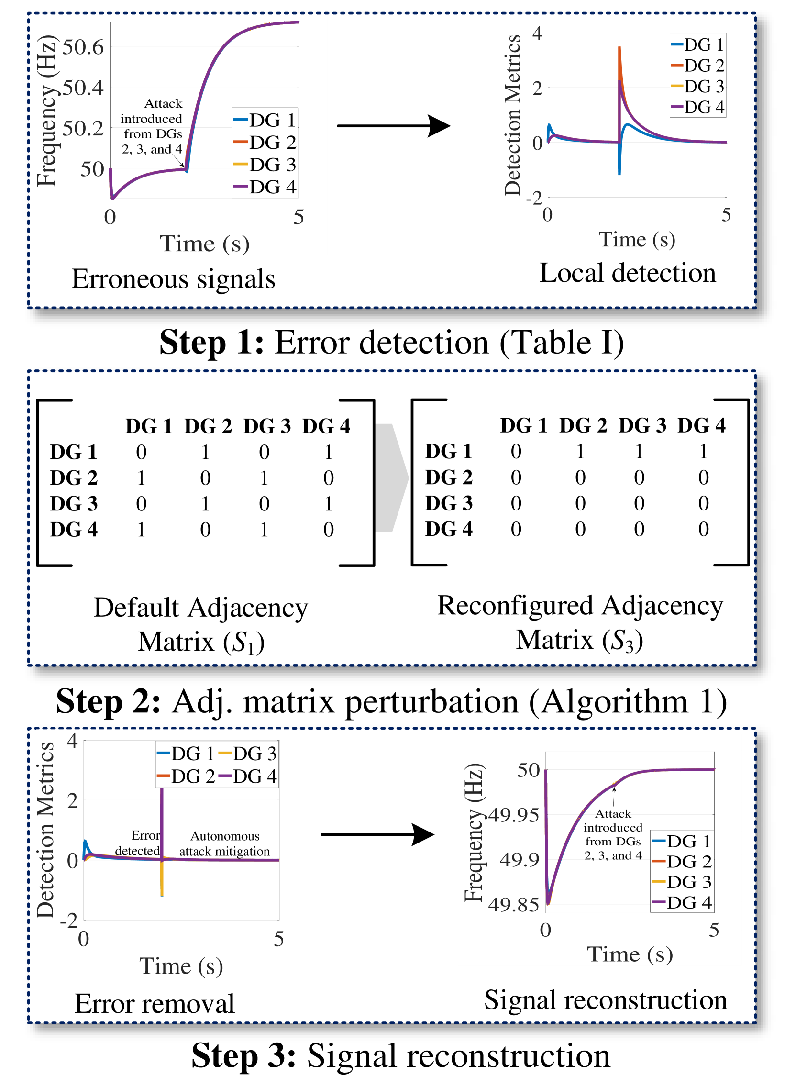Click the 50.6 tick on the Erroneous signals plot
83,47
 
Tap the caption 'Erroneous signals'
174,279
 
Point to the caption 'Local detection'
627,273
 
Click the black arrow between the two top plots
393,126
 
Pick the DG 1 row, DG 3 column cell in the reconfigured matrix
639,452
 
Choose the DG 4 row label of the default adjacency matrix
74,530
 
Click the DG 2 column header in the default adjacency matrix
208,426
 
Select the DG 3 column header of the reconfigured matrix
642,425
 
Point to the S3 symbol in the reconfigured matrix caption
626,641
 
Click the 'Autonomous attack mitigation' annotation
224,844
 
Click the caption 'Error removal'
154,1004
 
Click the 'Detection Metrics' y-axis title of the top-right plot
513,115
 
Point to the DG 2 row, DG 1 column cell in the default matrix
141,478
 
